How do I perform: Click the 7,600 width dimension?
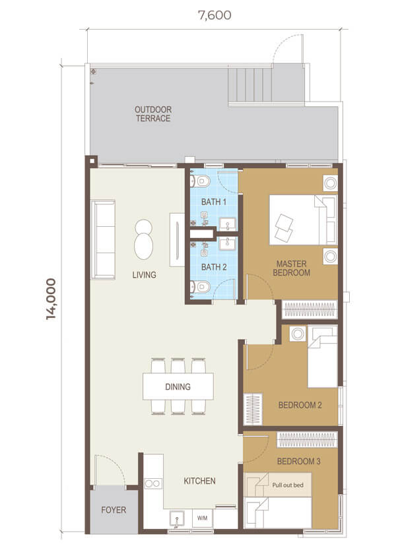[x=214, y=15]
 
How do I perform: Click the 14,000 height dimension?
[x=51, y=299]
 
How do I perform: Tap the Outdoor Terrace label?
[x=153, y=113]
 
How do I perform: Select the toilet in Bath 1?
[x=201, y=181]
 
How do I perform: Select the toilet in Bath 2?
[x=201, y=287]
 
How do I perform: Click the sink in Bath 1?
[x=227, y=224]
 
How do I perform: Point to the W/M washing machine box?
[x=202, y=518]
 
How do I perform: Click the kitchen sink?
[x=177, y=518]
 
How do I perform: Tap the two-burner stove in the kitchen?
[x=153, y=483]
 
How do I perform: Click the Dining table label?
[x=178, y=386]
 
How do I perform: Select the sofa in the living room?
[x=103, y=239]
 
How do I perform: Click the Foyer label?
[x=114, y=510]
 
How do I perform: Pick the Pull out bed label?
[x=288, y=485]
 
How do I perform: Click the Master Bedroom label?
[x=292, y=268]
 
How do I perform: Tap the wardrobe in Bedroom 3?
[x=307, y=440]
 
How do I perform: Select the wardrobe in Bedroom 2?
[x=253, y=409]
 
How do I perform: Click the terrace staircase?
[x=250, y=85]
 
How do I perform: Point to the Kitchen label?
[x=199, y=481]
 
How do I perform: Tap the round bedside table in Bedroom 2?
[x=298, y=334]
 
